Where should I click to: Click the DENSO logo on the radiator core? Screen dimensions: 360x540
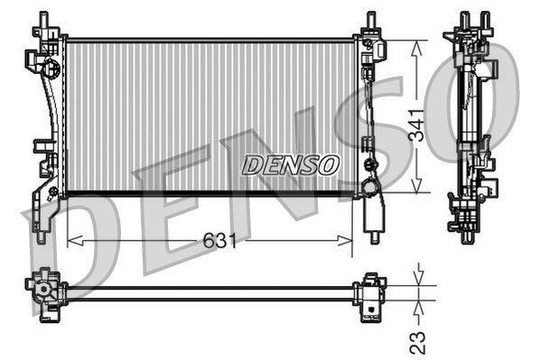pos(291,165)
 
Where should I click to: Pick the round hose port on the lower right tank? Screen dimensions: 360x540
pos(370,188)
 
